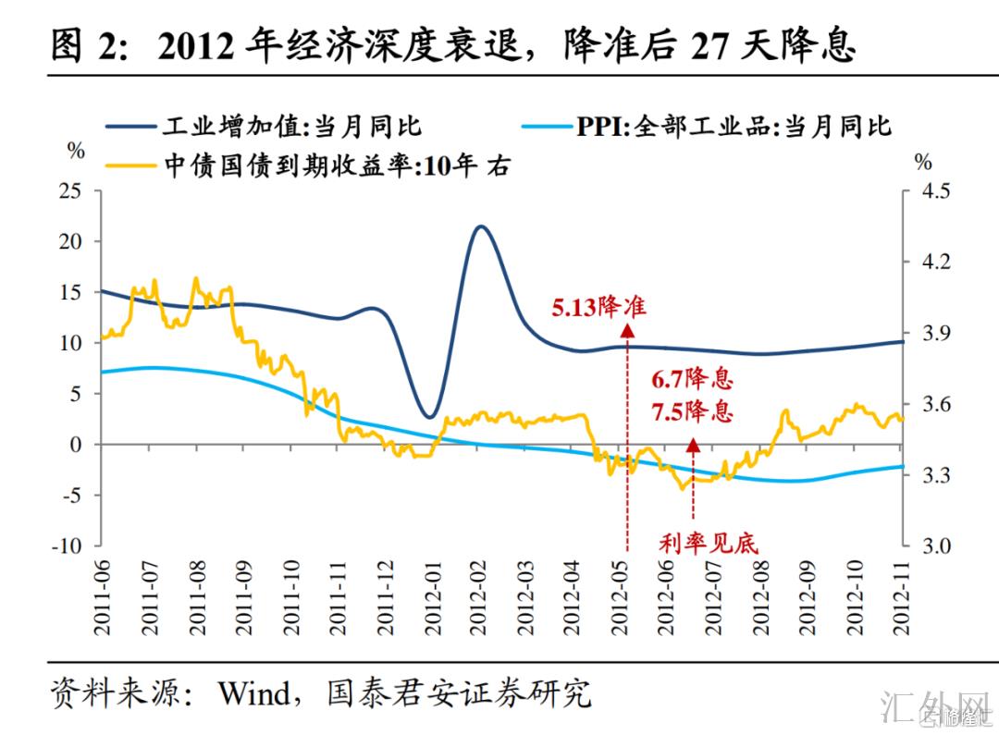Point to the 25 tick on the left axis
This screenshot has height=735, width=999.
tap(69, 190)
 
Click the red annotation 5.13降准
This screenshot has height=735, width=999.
tap(598, 307)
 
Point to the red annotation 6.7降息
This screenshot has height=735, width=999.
tap(692, 379)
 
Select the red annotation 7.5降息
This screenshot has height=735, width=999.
tap(692, 411)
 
